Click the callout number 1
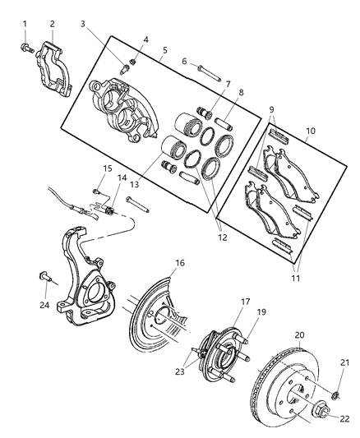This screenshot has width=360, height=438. [x=25, y=23]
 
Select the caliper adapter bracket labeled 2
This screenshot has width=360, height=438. [x=55, y=70]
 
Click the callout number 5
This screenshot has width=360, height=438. [x=164, y=50]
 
